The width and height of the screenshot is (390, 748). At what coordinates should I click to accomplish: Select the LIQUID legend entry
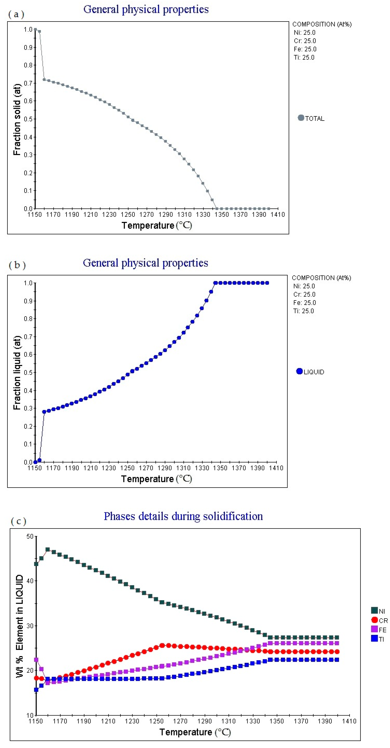[x=310, y=372]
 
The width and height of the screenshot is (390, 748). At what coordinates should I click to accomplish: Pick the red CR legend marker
[x=374, y=620]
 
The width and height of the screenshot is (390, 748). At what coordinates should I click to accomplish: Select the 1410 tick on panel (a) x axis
[x=278, y=215]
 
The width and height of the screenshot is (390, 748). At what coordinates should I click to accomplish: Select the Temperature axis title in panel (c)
[x=195, y=732]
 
